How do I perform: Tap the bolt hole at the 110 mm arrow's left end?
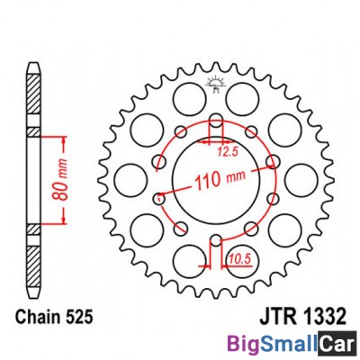[158, 198]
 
